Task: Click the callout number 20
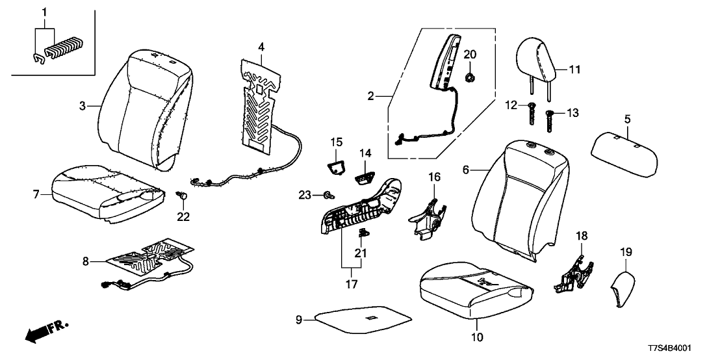[470, 54]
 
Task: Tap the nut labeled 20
[469, 79]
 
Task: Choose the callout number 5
[627, 119]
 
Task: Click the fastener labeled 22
[183, 194]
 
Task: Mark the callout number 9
[300, 319]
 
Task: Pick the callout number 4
[261, 47]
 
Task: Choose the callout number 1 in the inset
[44, 12]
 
